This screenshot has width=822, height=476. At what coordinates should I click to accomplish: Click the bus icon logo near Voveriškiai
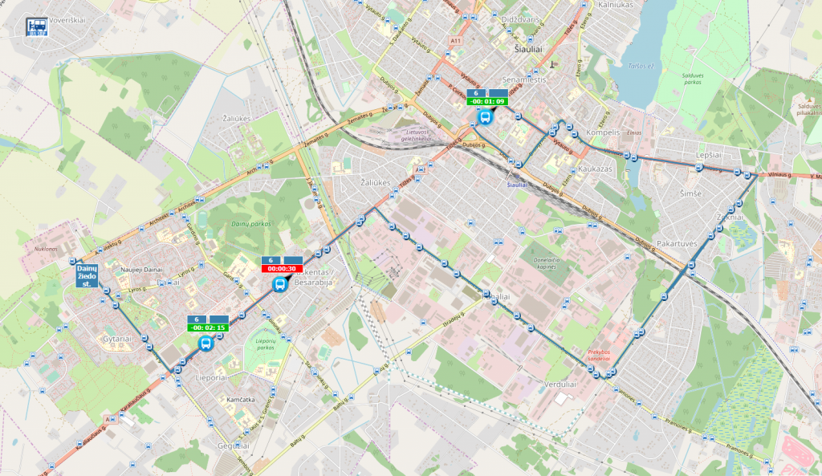(x=36, y=27)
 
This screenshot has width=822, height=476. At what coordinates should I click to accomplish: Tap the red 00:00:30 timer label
(x=282, y=269)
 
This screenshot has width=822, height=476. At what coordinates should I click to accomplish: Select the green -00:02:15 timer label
(x=206, y=328)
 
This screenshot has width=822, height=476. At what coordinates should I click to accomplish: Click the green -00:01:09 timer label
(x=488, y=101)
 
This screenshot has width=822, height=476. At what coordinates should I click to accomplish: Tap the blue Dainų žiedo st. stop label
(x=87, y=275)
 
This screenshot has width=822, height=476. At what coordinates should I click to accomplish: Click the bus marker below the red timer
(x=280, y=285)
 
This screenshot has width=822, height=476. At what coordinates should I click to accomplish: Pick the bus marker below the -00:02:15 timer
(x=205, y=344)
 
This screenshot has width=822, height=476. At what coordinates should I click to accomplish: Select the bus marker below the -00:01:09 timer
(x=485, y=117)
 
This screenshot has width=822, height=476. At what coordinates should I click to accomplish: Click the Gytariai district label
(x=116, y=339)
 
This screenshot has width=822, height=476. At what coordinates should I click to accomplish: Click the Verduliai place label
(x=560, y=383)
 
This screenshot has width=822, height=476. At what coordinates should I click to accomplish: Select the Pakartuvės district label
(x=676, y=242)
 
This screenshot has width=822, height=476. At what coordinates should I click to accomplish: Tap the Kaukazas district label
(x=595, y=170)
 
